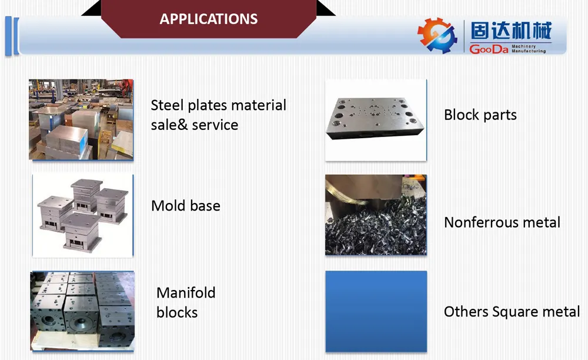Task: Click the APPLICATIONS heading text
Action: (209, 19)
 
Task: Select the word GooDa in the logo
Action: (489, 49)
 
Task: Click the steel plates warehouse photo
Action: (81, 119)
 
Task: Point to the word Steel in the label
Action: (167, 105)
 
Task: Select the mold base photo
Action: (82, 215)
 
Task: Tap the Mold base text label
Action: (186, 206)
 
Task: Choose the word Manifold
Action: (186, 292)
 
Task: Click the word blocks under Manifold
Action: (176, 312)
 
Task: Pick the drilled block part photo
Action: (376, 120)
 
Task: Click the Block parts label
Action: (480, 115)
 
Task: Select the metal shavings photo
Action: (376, 215)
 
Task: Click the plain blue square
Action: (376, 311)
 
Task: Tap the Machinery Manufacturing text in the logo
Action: (528, 48)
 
